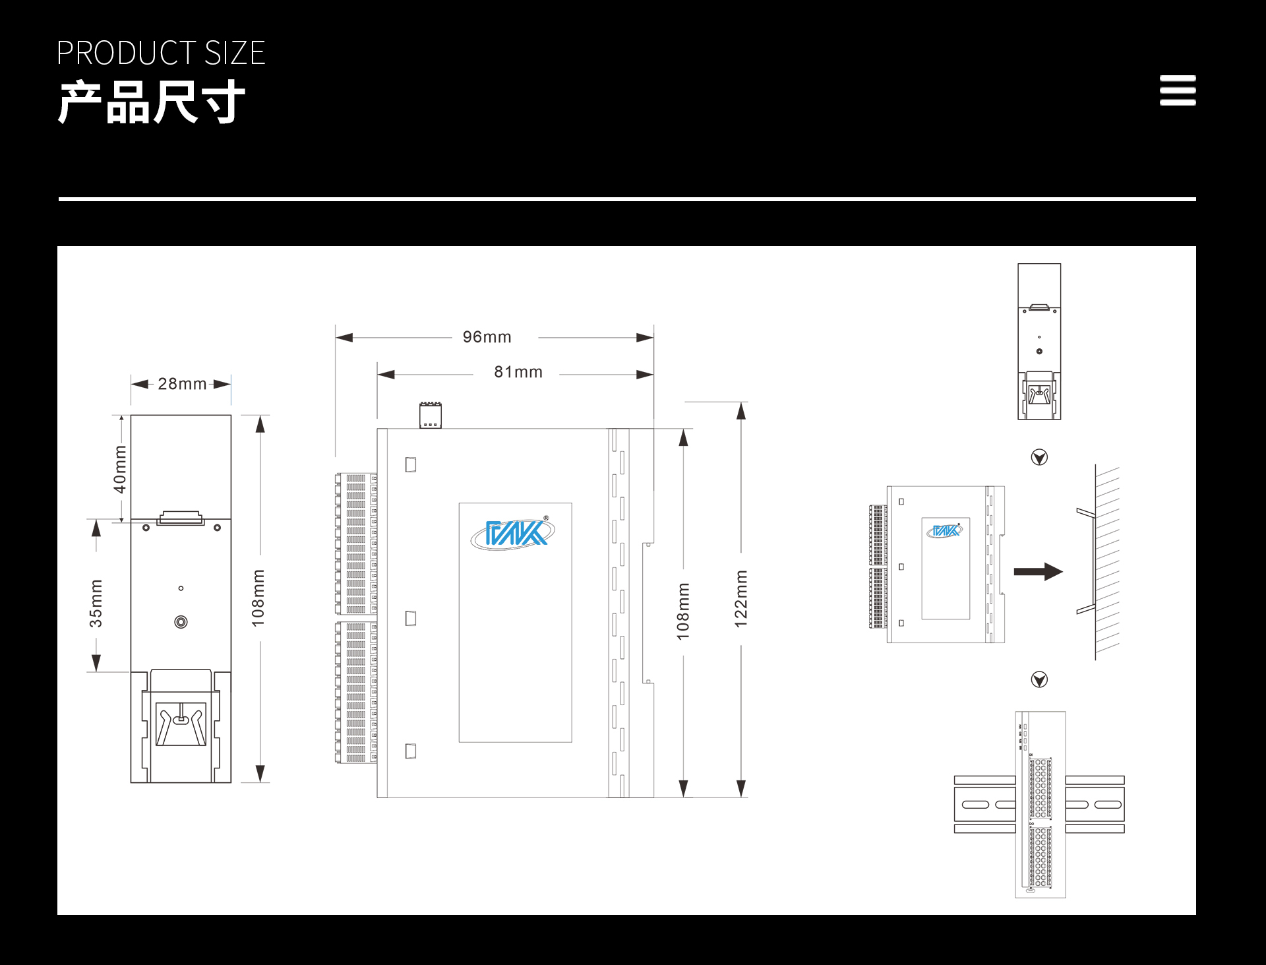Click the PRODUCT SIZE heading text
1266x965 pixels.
pyautogui.click(x=161, y=53)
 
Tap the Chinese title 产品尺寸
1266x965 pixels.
pyautogui.click(x=152, y=102)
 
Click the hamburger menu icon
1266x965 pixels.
pyautogui.click(x=1178, y=90)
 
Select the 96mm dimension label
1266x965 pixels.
pyautogui.click(x=487, y=337)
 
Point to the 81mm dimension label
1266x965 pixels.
pyautogui.click(x=518, y=372)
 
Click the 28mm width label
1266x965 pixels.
pyautogui.click(x=183, y=384)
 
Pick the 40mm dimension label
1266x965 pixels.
pyautogui.click(x=120, y=470)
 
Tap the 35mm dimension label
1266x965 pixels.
pyautogui.click(x=96, y=604)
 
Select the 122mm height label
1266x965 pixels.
pyautogui.click(x=741, y=599)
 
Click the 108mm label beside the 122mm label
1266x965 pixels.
pyautogui.click(x=683, y=611)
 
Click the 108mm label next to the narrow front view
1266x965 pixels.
pyautogui.click(x=258, y=598)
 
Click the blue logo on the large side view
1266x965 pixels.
pyautogui.click(x=513, y=533)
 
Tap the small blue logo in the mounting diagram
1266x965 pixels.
pyautogui.click(x=945, y=530)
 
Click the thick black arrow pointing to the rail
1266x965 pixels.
pyautogui.click(x=1039, y=571)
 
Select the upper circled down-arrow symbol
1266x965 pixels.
pyautogui.click(x=1039, y=457)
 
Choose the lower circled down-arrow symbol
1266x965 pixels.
pyautogui.click(x=1039, y=679)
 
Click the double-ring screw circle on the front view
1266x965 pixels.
pyautogui.click(x=181, y=622)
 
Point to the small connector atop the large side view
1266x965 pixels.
pyautogui.click(x=431, y=416)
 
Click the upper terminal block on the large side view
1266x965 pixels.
pyautogui.click(x=356, y=544)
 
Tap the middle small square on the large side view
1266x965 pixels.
pyautogui.click(x=411, y=619)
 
